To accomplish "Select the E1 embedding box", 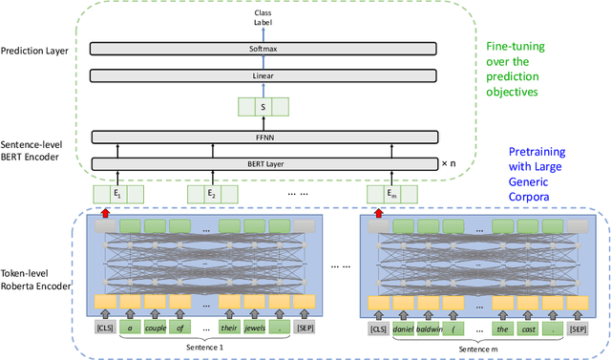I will coord(118,195).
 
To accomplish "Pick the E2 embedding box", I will coord(211,195).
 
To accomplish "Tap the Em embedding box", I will coord(391,195).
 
